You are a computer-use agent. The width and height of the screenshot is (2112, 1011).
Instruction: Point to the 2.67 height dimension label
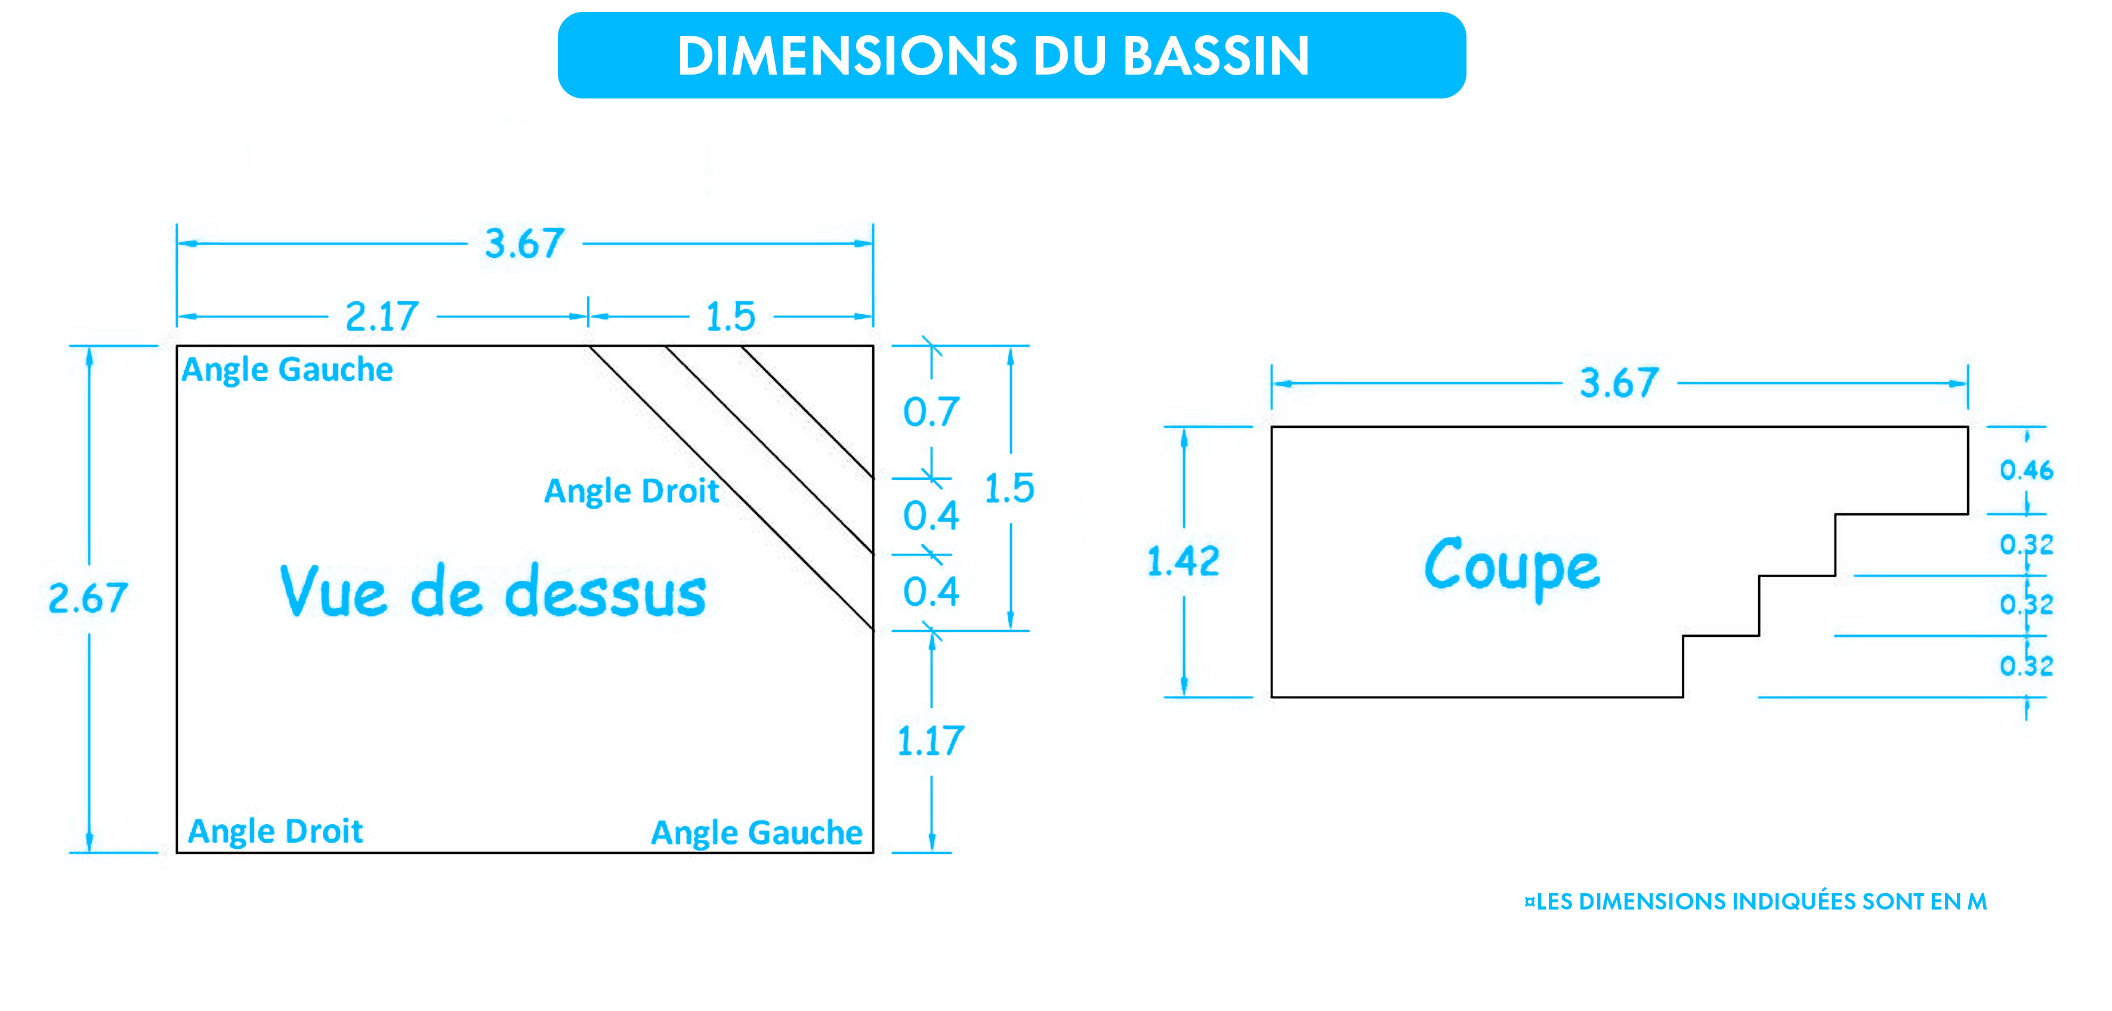88,598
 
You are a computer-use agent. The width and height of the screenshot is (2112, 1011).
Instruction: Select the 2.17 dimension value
382,316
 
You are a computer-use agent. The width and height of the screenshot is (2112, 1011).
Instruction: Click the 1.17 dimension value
931,741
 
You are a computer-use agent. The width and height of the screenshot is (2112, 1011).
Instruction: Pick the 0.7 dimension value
931,412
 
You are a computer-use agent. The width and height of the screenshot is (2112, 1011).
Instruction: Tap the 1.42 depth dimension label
1183,562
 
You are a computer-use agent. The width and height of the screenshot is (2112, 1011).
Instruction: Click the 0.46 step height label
2026,470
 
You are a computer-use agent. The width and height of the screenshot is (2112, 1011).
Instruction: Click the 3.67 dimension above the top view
525,243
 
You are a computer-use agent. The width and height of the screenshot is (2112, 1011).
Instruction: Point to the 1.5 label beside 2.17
730,316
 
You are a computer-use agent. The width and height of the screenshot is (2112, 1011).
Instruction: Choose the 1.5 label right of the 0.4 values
1009,489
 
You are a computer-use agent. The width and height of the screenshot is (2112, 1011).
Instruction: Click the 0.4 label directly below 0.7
931,516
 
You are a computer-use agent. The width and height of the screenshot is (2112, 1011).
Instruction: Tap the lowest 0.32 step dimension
2026,666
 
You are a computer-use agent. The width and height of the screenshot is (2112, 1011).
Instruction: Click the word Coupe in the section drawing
1512,566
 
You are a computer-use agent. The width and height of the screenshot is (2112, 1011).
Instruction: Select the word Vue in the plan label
333,591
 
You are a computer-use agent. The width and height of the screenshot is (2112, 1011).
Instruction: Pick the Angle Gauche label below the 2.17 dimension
287,370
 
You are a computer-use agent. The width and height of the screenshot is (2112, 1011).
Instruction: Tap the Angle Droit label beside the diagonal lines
631,491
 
